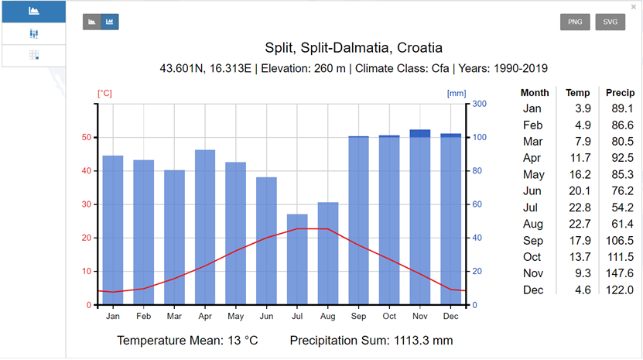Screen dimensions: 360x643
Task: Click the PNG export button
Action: click(575, 22)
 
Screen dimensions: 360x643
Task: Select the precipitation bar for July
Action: click(297, 259)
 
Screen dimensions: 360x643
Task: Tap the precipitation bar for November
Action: click(420, 217)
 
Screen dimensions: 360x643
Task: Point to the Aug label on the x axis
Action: click(328, 316)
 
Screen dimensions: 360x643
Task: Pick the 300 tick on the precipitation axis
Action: click(479, 104)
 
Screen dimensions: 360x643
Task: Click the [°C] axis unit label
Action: click(104, 93)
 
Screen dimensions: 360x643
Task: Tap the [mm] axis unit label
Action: click(457, 93)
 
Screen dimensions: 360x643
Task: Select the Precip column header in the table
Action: click(620, 93)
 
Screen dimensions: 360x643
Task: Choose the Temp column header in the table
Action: click(577, 93)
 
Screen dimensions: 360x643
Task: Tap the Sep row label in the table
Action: click(532, 240)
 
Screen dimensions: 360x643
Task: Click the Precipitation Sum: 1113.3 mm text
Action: click(371, 341)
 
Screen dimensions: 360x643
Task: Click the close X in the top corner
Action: click(634, 6)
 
